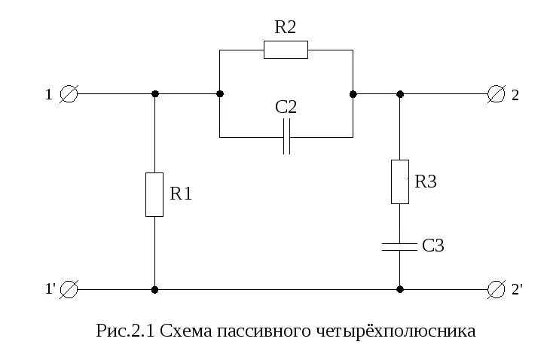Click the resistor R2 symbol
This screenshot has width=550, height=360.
[x=286, y=50]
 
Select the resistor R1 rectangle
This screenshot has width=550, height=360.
[x=154, y=194]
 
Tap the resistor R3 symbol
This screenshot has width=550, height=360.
[x=399, y=182]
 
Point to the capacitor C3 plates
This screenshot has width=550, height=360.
[x=399, y=246]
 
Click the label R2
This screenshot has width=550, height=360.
[x=286, y=28]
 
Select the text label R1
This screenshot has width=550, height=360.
[x=181, y=194]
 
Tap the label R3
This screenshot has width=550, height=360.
[x=426, y=182]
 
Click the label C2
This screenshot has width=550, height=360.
[x=286, y=108]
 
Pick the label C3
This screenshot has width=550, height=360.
[x=432, y=246]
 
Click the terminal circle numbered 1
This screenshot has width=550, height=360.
[x=69, y=94]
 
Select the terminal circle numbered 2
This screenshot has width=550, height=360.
[x=496, y=94]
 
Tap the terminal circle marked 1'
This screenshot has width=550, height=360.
[x=69, y=289]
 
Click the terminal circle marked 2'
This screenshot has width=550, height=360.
[x=496, y=289]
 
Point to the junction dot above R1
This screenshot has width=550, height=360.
[x=154, y=94]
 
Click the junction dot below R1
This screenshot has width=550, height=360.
[x=154, y=289]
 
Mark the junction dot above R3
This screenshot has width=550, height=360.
[x=399, y=94]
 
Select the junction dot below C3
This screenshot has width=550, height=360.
[x=399, y=289]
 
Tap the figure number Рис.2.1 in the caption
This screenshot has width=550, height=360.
[x=125, y=331]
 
